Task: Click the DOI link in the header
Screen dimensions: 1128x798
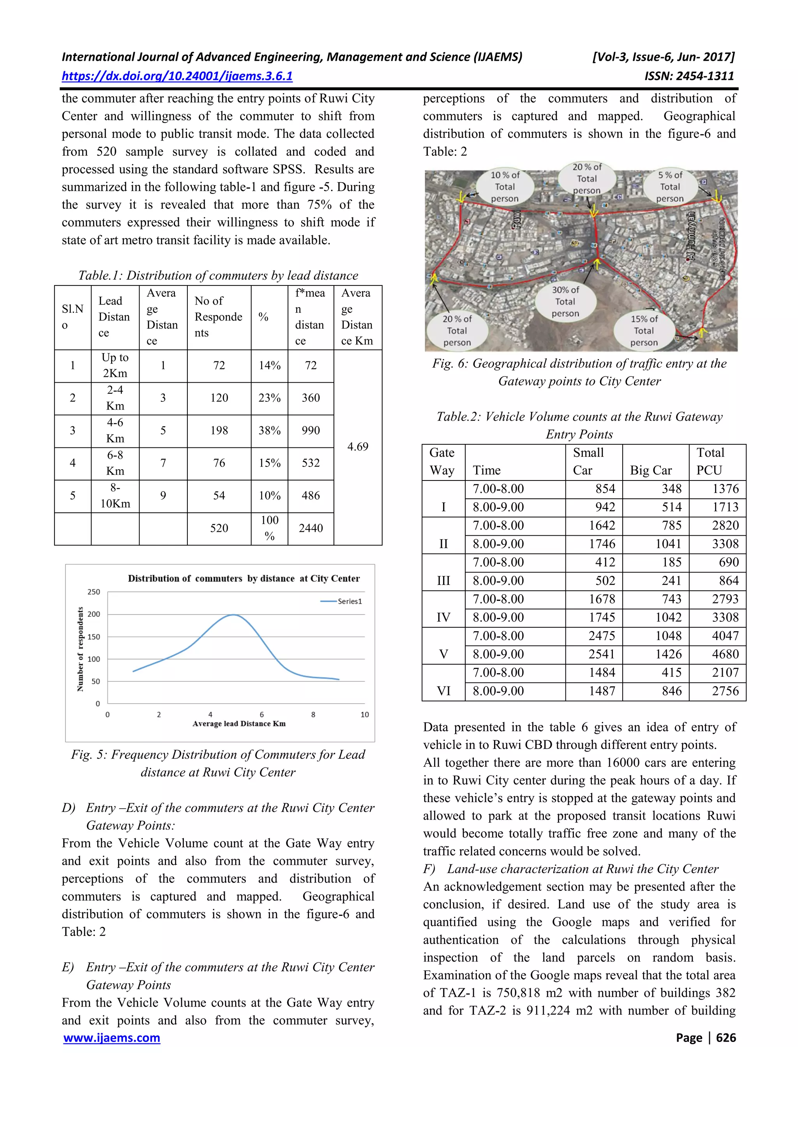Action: click(x=177, y=76)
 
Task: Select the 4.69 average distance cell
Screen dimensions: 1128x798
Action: click(x=357, y=447)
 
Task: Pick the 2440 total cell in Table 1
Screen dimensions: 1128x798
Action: click(x=311, y=528)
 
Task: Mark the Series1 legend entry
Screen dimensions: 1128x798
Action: click(x=342, y=601)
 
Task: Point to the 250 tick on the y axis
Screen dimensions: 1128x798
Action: click(x=94, y=592)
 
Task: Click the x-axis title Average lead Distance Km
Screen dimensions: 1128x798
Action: click(x=239, y=724)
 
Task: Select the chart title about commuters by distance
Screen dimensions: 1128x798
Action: click(x=244, y=579)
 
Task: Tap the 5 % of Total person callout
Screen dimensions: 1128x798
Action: click(x=670, y=187)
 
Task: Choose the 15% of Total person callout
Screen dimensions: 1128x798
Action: click(x=644, y=331)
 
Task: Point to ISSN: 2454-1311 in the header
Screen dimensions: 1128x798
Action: click(x=689, y=76)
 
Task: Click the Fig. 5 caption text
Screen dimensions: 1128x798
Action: click(x=218, y=764)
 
